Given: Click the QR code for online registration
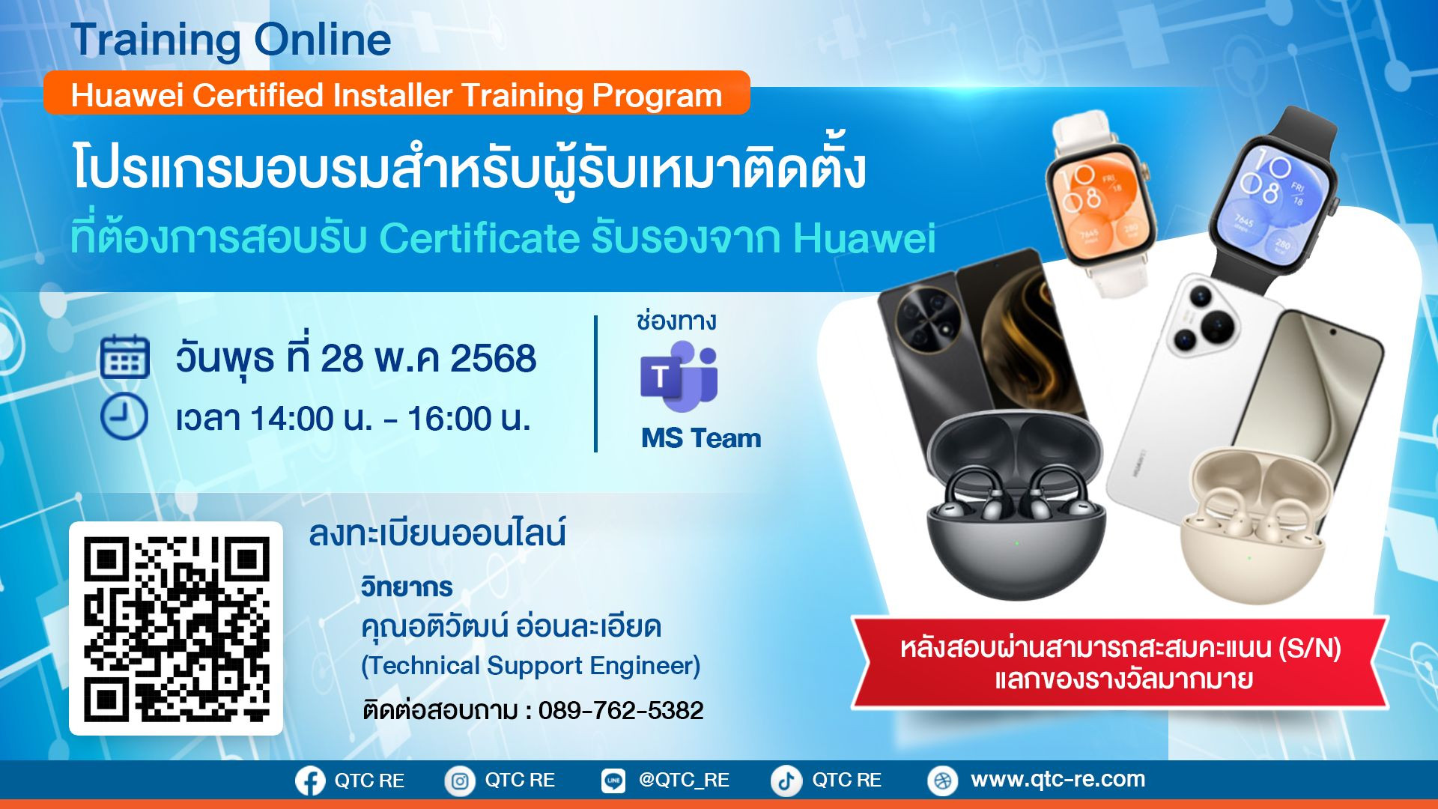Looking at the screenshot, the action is [x=176, y=628].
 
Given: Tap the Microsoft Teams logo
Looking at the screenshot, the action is [x=679, y=376].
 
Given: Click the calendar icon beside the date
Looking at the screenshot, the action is [x=124, y=357].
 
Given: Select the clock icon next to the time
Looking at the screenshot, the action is [x=124, y=416].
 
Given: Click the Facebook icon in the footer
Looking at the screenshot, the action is [x=310, y=781].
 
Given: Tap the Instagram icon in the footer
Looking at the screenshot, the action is [x=460, y=781].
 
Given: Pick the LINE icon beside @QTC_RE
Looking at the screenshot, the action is [x=613, y=781].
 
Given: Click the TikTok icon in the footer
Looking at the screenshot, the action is [x=786, y=781].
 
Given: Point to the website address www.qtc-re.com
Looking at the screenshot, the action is [x=1058, y=779].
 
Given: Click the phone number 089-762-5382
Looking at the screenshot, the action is [x=621, y=710].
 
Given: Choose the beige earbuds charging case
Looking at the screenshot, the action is [x=1256, y=524].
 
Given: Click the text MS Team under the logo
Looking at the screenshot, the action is [x=701, y=438].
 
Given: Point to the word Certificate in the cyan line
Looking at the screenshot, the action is [x=479, y=238].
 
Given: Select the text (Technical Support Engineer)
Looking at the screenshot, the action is [x=531, y=665].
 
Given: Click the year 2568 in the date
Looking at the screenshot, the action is [x=493, y=359].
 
